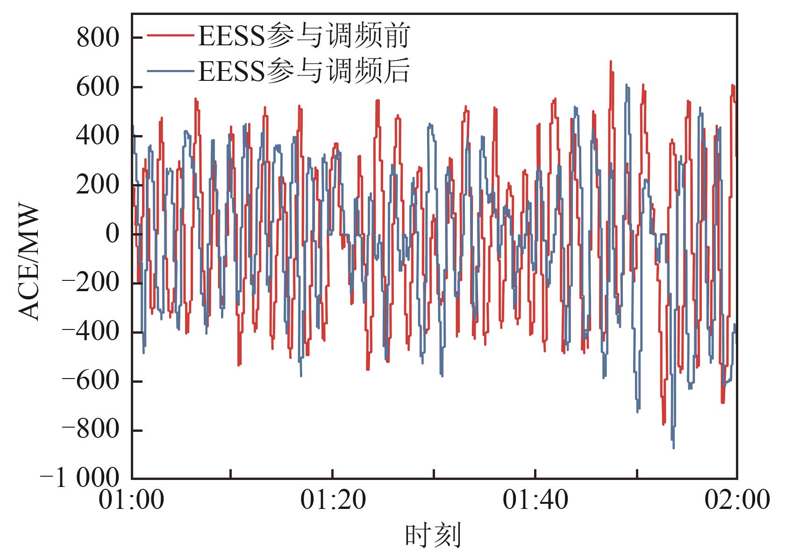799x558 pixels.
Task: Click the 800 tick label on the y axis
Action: [x=98, y=38]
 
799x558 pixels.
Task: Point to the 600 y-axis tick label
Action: [x=98, y=87]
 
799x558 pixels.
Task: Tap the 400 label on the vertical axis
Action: [x=98, y=136]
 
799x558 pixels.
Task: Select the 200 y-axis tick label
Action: [x=98, y=185]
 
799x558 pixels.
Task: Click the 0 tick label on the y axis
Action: [x=112, y=234]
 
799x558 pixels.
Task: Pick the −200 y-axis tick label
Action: [x=91, y=283]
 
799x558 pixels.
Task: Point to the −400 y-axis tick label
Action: [x=91, y=332]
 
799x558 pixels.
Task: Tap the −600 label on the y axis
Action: [x=91, y=381]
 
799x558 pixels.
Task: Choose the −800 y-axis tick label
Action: [x=91, y=430]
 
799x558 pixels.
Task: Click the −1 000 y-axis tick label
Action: [x=80, y=478]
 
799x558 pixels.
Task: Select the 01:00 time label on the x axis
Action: [x=132, y=500]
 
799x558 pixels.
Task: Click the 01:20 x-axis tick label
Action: [x=333, y=500]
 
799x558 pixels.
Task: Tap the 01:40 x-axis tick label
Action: [x=535, y=500]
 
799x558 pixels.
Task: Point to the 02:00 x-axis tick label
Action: [x=737, y=500]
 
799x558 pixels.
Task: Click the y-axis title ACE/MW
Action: [x=29, y=263]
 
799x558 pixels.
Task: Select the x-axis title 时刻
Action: [x=433, y=536]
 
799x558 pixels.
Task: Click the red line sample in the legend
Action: [x=170, y=35]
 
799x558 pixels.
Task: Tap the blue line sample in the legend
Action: [x=170, y=71]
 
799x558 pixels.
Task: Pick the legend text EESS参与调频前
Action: [x=304, y=36]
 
